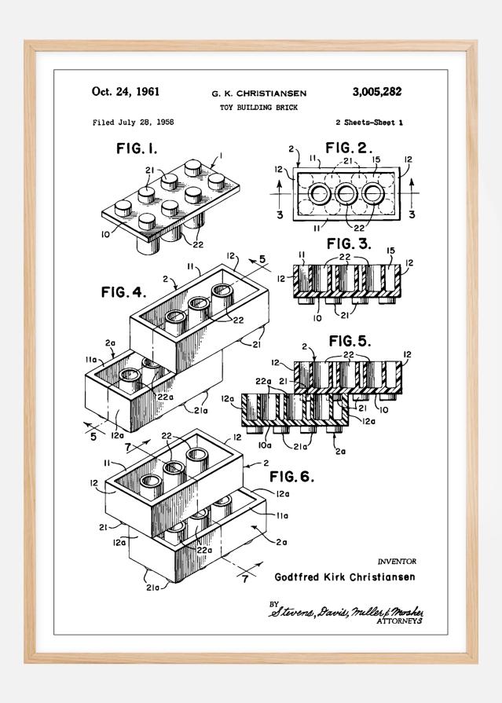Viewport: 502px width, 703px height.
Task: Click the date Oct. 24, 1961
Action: (x=126, y=91)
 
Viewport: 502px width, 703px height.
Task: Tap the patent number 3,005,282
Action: (x=376, y=91)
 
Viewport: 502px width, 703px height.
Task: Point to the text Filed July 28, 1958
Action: (x=133, y=123)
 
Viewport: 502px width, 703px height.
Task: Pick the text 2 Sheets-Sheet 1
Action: (x=368, y=123)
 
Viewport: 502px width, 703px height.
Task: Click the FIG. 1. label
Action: (x=137, y=147)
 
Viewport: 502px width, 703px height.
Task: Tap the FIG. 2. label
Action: (x=349, y=147)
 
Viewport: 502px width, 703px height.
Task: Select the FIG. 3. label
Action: (x=349, y=243)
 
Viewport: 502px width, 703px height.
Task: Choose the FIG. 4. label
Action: (x=123, y=292)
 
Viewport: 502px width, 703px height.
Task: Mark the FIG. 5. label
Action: (x=350, y=341)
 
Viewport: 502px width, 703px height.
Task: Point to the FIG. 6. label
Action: (x=292, y=477)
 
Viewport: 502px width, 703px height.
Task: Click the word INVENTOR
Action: (x=397, y=562)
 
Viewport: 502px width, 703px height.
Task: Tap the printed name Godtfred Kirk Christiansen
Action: (x=345, y=577)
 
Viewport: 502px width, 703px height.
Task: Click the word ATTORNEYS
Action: (x=400, y=621)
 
